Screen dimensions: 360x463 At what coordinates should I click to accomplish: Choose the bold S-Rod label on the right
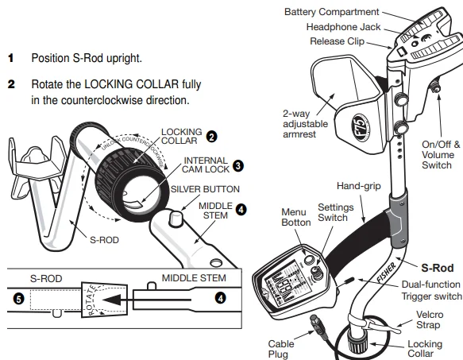click(x=438, y=269)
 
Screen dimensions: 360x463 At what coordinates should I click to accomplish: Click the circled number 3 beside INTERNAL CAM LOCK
click(x=237, y=167)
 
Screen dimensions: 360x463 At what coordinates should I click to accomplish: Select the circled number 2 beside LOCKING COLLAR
click(x=212, y=137)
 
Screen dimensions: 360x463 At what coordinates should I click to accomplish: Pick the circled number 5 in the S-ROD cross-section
click(x=19, y=299)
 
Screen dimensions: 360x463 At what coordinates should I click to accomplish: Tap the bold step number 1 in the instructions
click(x=10, y=59)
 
